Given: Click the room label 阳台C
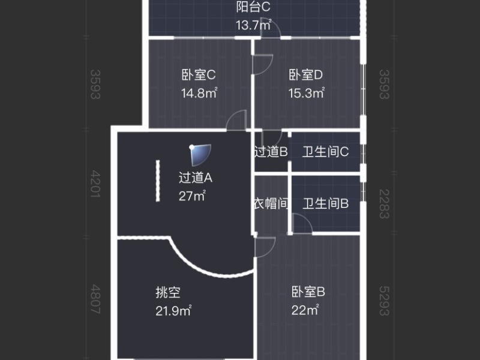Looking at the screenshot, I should [254, 8].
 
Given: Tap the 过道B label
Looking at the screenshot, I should [271, 152].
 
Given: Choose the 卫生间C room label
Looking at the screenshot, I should [325, 152].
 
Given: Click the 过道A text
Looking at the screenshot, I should [196, 178].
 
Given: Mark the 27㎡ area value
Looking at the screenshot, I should [192, 196].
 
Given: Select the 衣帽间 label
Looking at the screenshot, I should [271, 204].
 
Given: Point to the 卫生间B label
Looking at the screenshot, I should [325, 204].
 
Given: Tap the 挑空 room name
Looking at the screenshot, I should [168, 293].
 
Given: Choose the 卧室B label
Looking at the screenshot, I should [308, 293].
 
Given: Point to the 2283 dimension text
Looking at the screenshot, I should [385, 204].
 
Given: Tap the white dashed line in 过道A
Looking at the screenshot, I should [158, 181].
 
